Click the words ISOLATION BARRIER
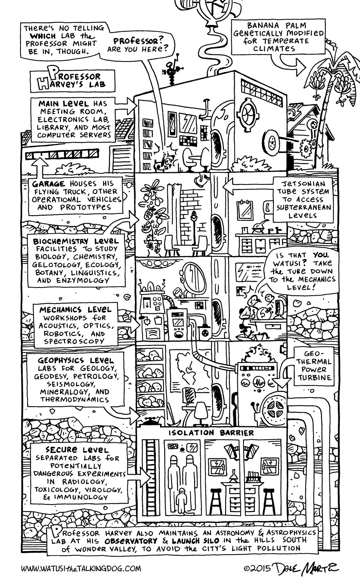211,433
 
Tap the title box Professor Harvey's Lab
73,80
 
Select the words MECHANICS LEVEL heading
75,310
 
